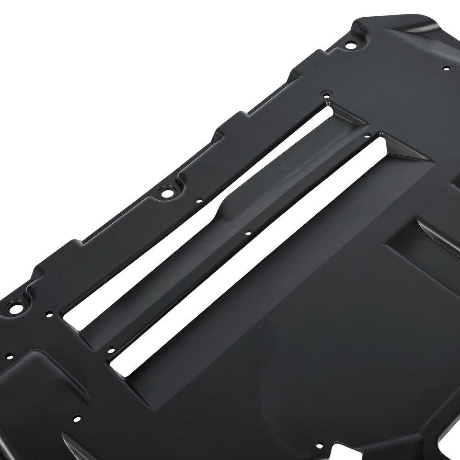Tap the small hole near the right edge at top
click(x=446, y=68)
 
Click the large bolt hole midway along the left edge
click(x=167, y=194)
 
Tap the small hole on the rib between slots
click(x=247, y=233)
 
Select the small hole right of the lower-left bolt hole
click(x=48, y=315)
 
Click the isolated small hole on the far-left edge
click(x=9, y=357)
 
